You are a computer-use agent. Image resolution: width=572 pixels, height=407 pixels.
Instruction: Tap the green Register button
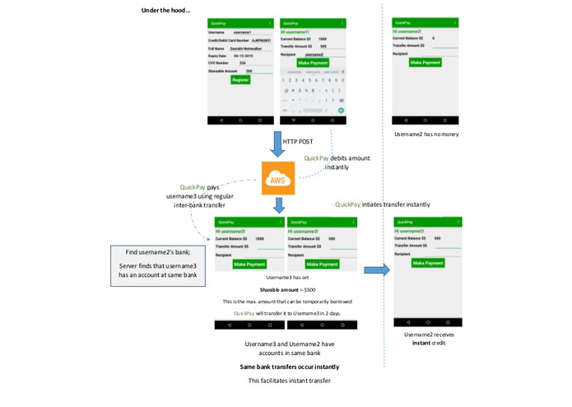pyautogui.click(x=239, y=80)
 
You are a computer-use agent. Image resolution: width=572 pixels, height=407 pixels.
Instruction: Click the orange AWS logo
pyautogui.click(x=277, y=179)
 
